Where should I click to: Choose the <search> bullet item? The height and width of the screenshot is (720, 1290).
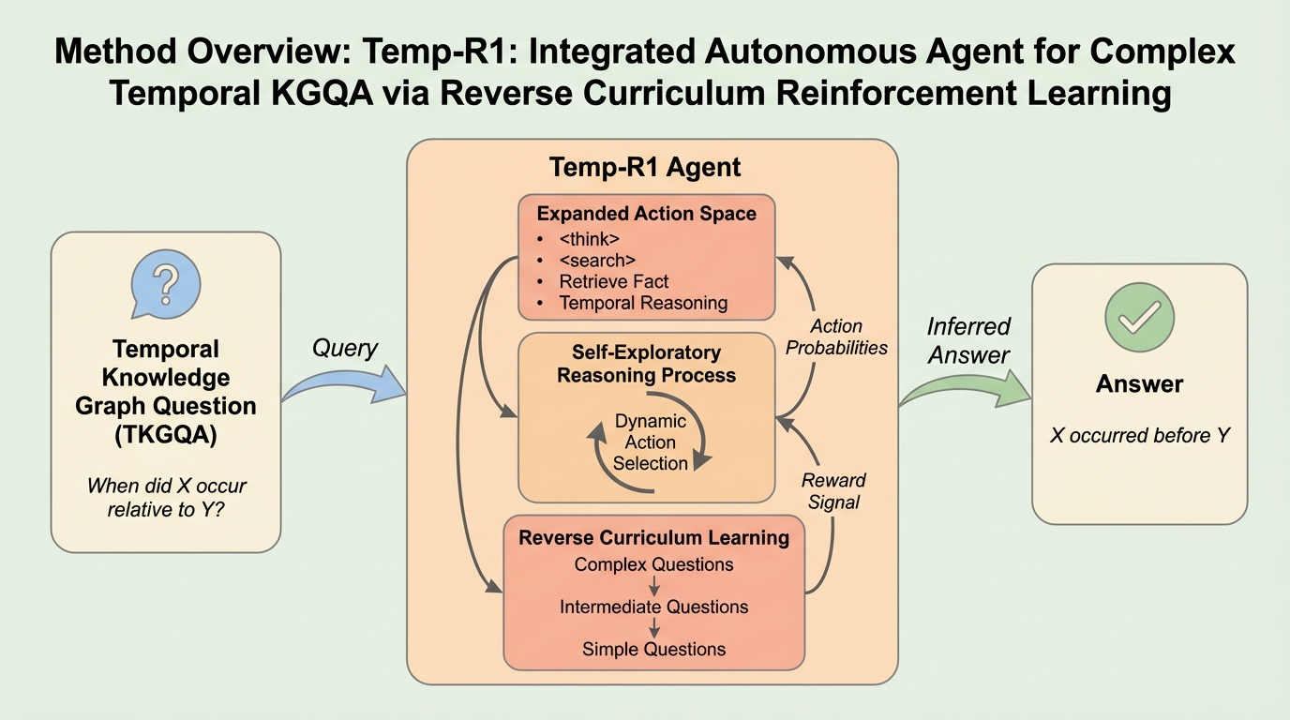click(x=597, y=260)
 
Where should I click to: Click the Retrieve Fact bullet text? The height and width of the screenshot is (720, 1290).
click(x=614, y=281)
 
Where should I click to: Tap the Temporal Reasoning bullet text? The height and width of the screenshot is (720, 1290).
click(x=643, y=303)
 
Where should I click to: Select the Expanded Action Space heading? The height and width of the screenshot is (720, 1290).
click(x=646, y=214)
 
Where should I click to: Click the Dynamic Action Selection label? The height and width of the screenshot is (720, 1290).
click(x=651, y=442)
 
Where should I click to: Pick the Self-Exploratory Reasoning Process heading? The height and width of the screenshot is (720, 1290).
click(x=646, y=364)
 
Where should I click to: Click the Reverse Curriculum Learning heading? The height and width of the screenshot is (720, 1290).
click(x=653, y=537)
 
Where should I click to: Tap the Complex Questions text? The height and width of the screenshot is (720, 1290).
click(x=653, y=564)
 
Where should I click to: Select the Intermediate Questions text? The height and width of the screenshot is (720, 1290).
click(x=653, y=607)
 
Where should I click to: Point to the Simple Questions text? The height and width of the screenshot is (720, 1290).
click(x=653, y=649)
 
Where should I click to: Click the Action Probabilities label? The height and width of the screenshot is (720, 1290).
click(x=836, y=337)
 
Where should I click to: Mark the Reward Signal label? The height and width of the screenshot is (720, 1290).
click(x=833, y=491)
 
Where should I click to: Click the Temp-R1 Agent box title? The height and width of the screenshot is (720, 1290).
click(x=645, y=168)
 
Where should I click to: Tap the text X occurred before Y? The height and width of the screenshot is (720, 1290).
click(x=1139, y=435)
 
